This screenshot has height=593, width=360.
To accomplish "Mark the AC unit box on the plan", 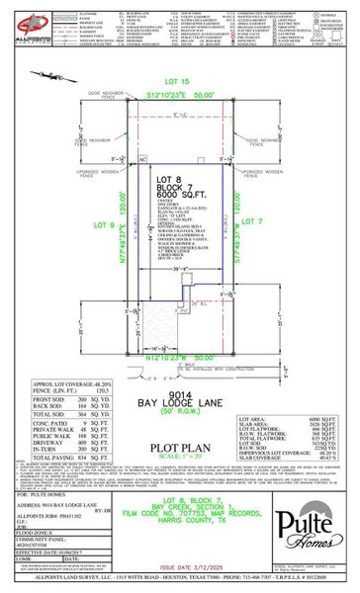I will tap(141, 158).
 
